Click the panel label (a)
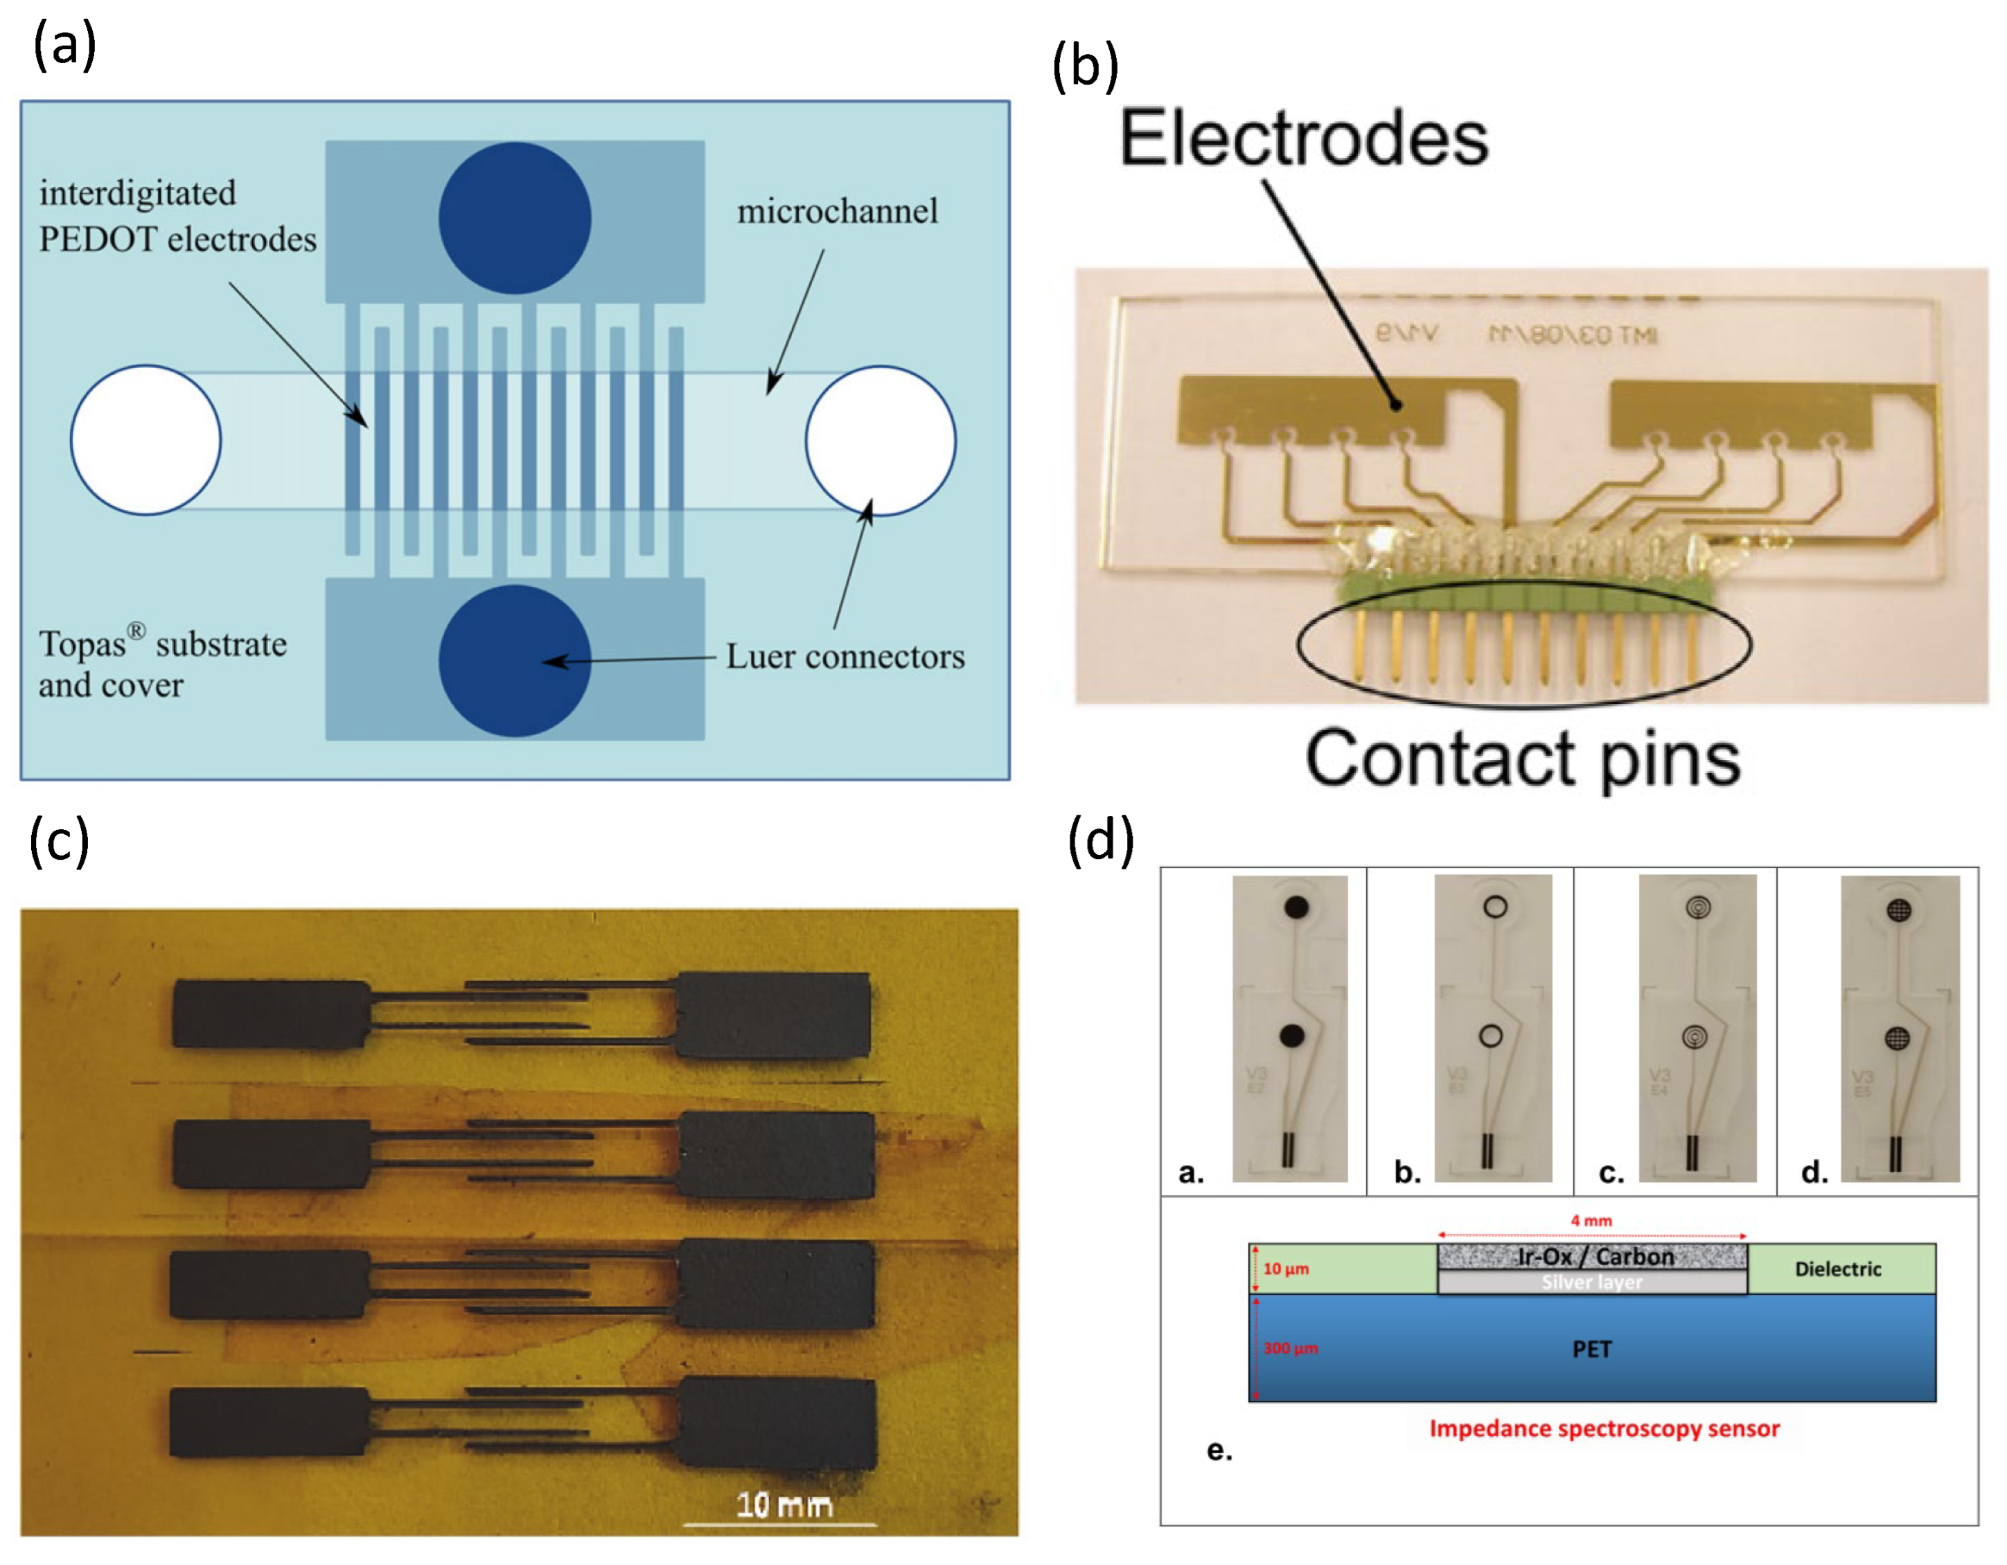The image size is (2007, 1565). pos(64,46)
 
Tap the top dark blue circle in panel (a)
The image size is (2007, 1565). pos(515,218)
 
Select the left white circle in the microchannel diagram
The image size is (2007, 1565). pos(146,440)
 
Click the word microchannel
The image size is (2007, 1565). pos(837,211)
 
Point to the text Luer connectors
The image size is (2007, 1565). pos(845,656)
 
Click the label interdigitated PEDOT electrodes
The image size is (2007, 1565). pos(177,216)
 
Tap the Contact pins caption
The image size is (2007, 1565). pos(1523,759)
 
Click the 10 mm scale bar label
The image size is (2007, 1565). pos(784,1504)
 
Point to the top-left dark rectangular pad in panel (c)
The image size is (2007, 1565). pos(272,1014)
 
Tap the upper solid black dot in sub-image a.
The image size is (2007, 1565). pos(1296,907)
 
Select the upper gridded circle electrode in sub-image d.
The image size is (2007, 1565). pos(1898,910)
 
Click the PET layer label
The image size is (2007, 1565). pos(1591,1349)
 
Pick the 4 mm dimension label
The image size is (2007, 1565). pos(1591,1221)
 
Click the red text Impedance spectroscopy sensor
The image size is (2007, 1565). pos(1604,1428)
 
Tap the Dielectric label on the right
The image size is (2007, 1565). pos(1838,1269)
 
